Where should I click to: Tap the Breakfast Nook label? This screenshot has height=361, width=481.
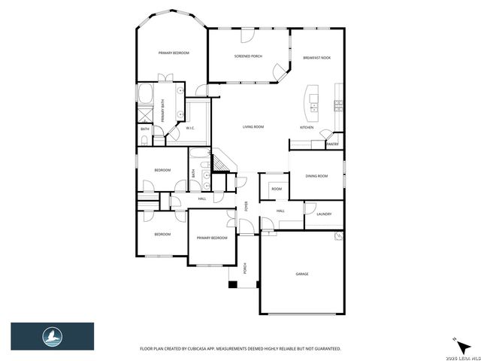click(x=316, y=58)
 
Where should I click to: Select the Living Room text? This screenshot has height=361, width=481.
click(x=253, y=127)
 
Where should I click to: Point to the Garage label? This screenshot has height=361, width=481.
click(x=301, y=274)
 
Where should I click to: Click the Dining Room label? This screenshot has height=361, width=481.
click(x=316, y=176)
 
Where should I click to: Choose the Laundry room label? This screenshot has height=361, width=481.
click(x=324, y=214)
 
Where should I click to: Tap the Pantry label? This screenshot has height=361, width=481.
click(x=332, y=144)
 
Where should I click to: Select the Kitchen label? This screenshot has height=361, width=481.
click(x=307, y=127)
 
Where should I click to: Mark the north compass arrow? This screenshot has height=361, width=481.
click(x=455, y=337)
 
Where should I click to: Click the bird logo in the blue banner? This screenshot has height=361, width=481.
click(x=52, y=335)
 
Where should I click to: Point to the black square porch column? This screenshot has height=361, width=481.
click(x=233, y=284)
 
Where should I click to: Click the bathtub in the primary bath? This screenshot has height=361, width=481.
click(x=146, y=96)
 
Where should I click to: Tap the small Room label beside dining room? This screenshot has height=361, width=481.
click(x=277, y=189)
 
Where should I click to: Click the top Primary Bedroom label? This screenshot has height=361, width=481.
click(x=173, y=53)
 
